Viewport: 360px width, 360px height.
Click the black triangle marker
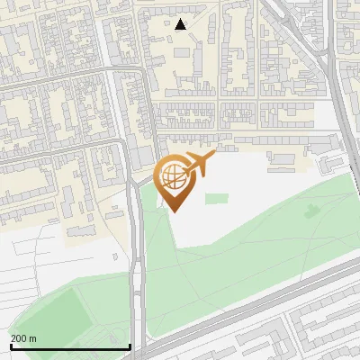[x=181, y=24]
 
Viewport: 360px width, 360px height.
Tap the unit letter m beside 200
[x=33, y=338]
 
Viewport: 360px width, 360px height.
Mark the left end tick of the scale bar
[x=11, y=345]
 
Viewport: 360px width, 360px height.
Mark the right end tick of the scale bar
[x=130, y=345]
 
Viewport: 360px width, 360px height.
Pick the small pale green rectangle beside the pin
[x=215, y=198]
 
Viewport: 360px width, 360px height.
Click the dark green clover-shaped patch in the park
[x=311, y=212]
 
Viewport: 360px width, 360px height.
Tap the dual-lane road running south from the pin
[x=137, y=270]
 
